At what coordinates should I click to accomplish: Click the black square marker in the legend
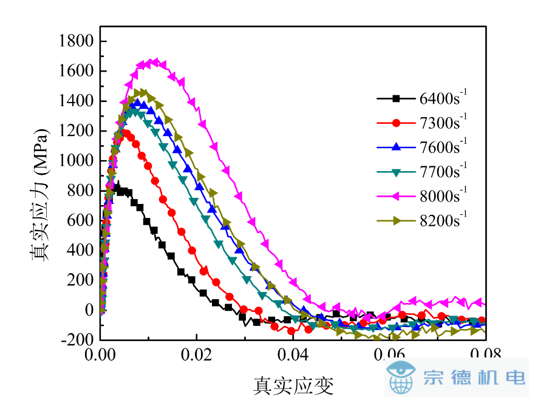396,98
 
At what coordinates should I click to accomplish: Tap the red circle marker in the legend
396,123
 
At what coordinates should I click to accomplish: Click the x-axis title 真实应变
293,384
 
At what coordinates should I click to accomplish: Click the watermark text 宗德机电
474,378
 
